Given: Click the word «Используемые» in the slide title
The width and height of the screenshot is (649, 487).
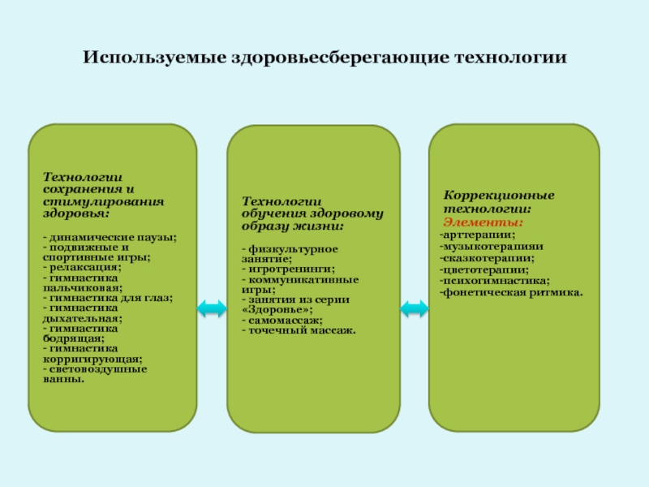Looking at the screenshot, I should click(x=136, y=59).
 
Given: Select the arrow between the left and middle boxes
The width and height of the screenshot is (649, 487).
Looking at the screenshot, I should click(x=212, y=308).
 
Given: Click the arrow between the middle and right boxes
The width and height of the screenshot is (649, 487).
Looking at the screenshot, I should click(x=415, y=308).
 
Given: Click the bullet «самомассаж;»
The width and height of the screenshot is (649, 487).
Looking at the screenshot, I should click(x=277, y=321).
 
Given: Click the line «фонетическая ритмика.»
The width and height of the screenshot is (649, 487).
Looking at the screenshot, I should click(x=512, y=291).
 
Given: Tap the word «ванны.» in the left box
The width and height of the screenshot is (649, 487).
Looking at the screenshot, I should click(x=63, y=378).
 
